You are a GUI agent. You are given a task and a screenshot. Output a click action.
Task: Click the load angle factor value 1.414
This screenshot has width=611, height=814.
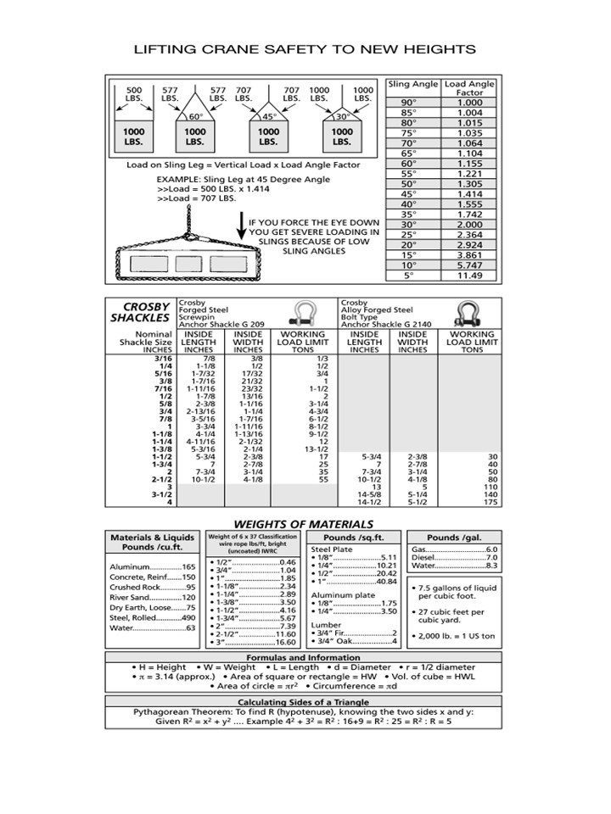click(469, 194)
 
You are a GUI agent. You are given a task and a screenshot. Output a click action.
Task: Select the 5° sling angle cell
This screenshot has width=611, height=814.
click(409, 276)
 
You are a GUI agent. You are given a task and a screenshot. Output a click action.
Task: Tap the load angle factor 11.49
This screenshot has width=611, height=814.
click(469, 276)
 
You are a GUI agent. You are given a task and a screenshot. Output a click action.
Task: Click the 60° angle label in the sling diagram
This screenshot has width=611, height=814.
click(195, 116)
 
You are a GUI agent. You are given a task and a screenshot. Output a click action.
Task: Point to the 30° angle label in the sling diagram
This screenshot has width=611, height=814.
click(342, 116)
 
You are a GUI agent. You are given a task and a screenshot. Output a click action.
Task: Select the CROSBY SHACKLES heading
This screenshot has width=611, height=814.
click(140, 312)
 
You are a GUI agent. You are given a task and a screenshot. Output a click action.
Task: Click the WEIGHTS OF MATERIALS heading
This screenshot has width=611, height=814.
click(303, 524)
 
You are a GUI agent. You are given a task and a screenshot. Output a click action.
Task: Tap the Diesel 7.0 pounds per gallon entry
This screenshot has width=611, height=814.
click(466, 558)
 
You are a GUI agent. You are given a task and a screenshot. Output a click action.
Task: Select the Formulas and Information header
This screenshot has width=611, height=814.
click(303, 657)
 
